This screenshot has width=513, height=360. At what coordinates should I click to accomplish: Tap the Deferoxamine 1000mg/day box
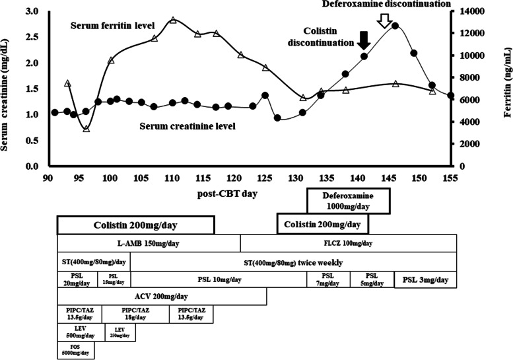click(x=349, y=201)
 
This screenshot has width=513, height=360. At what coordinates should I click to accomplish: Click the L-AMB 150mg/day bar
click(x=149, y=243)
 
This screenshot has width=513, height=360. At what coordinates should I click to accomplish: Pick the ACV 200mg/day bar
click(x=162, y=297)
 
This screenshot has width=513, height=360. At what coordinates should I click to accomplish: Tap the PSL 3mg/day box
click(x=425, y=279)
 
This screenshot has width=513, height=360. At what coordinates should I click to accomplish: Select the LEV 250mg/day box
click(x=120, y=332)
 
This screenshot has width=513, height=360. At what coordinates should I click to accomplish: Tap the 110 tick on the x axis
click(x=172, y=178)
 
